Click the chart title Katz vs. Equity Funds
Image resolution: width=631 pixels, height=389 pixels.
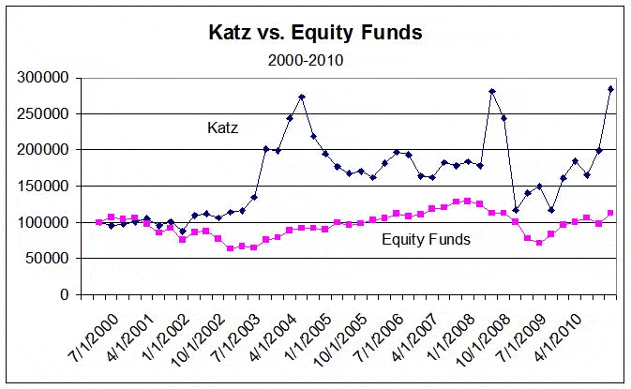point(315,33)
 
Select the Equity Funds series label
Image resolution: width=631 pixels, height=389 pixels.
point(426,240)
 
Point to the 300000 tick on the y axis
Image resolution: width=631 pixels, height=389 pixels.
point(43,78)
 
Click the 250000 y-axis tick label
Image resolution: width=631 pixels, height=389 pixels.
point(43,114)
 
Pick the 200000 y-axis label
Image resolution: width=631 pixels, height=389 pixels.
point(43,150)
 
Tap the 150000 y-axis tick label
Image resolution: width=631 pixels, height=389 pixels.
point(43,187)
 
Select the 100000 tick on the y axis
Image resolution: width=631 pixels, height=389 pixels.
point(43,222)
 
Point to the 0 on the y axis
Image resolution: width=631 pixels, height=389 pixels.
point(64,294)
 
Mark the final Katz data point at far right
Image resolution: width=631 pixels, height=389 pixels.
point(610,89)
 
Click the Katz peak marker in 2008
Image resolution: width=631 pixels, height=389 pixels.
point(491,92)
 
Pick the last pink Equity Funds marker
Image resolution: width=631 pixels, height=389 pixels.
point(610,214)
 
